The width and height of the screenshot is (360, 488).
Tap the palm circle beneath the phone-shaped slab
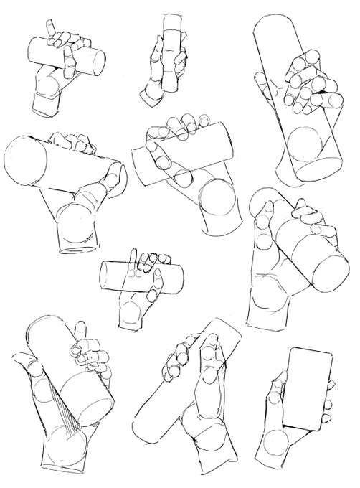[275, 445]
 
